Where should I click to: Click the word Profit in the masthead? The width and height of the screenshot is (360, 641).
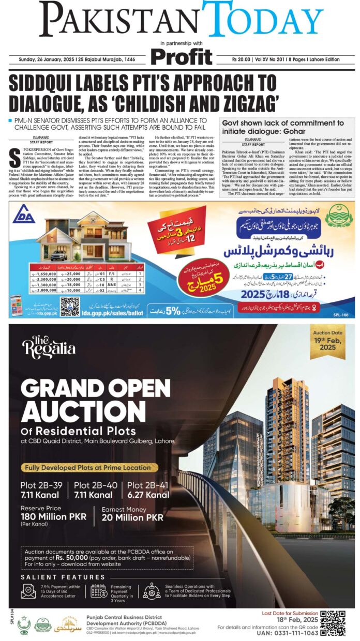tap(182, 56)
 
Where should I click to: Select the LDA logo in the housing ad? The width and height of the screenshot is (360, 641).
tap(23, 220)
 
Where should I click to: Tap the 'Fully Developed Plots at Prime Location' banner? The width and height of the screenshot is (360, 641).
tap(89, 467)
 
